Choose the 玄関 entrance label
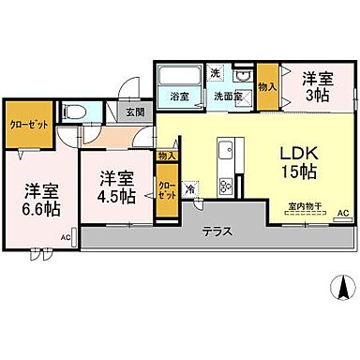(x=135, y=112)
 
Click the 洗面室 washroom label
(x=227, y=95)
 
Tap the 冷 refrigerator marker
(x=190, y=187)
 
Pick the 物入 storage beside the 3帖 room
(x=267, y=85)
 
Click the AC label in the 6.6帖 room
(x=66, y=238)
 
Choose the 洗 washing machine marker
(x=214, y=74)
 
